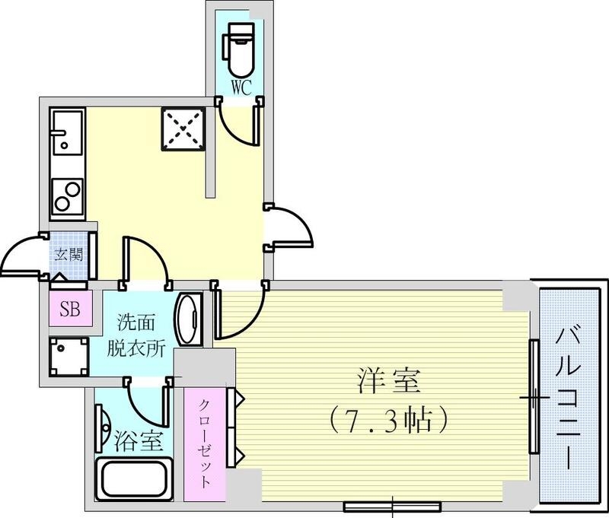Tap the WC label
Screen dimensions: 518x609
(x=241, y=87)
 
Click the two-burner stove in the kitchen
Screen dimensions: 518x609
(x=66, y=195)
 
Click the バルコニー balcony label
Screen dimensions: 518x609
(x=571, y=396)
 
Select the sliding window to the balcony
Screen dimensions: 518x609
(x=534, y=396)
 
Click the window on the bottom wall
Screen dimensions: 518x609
(x=392, y=504)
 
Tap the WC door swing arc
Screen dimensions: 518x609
(x=242, y=126)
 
